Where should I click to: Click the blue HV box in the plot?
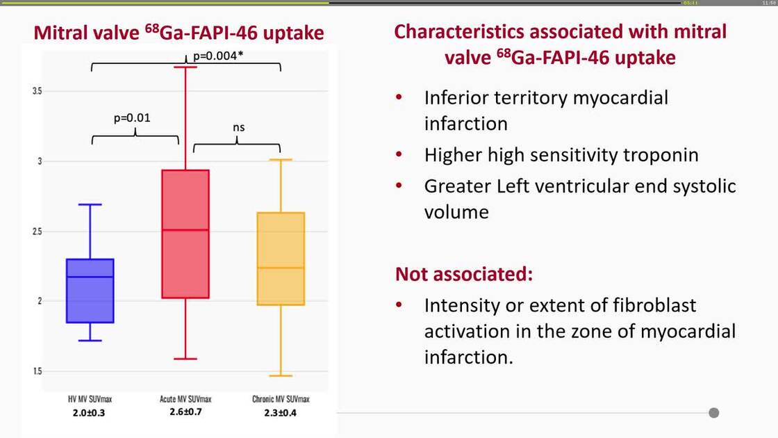(90, 291)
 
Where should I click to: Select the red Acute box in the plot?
(185, 234)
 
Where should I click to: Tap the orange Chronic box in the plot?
(281, 259)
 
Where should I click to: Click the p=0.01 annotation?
(132, 117)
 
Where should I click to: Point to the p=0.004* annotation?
(217, 54)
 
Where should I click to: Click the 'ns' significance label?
(238, 127)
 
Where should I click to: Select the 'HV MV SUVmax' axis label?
(90, 399)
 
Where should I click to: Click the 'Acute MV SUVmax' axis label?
(185, 399)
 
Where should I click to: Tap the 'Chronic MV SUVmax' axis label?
(281, 399)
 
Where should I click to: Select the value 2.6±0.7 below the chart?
(185, 412)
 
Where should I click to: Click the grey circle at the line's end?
(713, 413)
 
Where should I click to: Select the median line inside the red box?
(185, 230)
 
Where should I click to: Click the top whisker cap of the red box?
(185, 67)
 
